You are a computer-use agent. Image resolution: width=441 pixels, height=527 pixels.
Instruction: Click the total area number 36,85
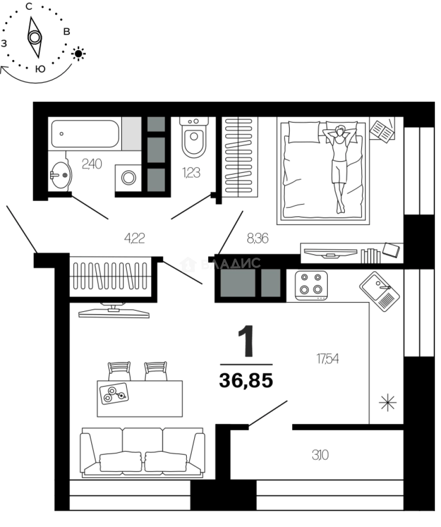click(x=246, y=380)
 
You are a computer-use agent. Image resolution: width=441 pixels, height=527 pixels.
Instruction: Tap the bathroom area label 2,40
click(x=92, y=164)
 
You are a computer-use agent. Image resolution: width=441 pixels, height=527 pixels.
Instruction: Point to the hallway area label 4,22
click(x=135, y=238)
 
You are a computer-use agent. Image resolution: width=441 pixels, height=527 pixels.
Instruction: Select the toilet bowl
click(x=194, y=139)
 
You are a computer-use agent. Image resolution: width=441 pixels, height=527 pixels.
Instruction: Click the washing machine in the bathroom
click(x=129, y=178)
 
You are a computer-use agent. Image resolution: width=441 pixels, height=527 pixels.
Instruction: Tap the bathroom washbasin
click(x=60, y=175)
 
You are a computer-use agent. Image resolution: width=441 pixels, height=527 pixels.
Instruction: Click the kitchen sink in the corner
click(x=380, y=291)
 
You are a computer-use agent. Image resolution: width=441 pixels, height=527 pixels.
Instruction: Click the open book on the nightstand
click(x=382, y=130)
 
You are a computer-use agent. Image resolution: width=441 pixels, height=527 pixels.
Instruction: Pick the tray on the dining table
click(x=114, y=393)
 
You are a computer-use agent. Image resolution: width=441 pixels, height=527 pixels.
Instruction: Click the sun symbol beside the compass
click(x=79, y=53)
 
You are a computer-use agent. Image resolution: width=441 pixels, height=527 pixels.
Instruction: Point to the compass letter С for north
click(x=29, y=6)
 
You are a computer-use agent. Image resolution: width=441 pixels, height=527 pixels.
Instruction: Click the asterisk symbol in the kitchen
click(x=388, y=403)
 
